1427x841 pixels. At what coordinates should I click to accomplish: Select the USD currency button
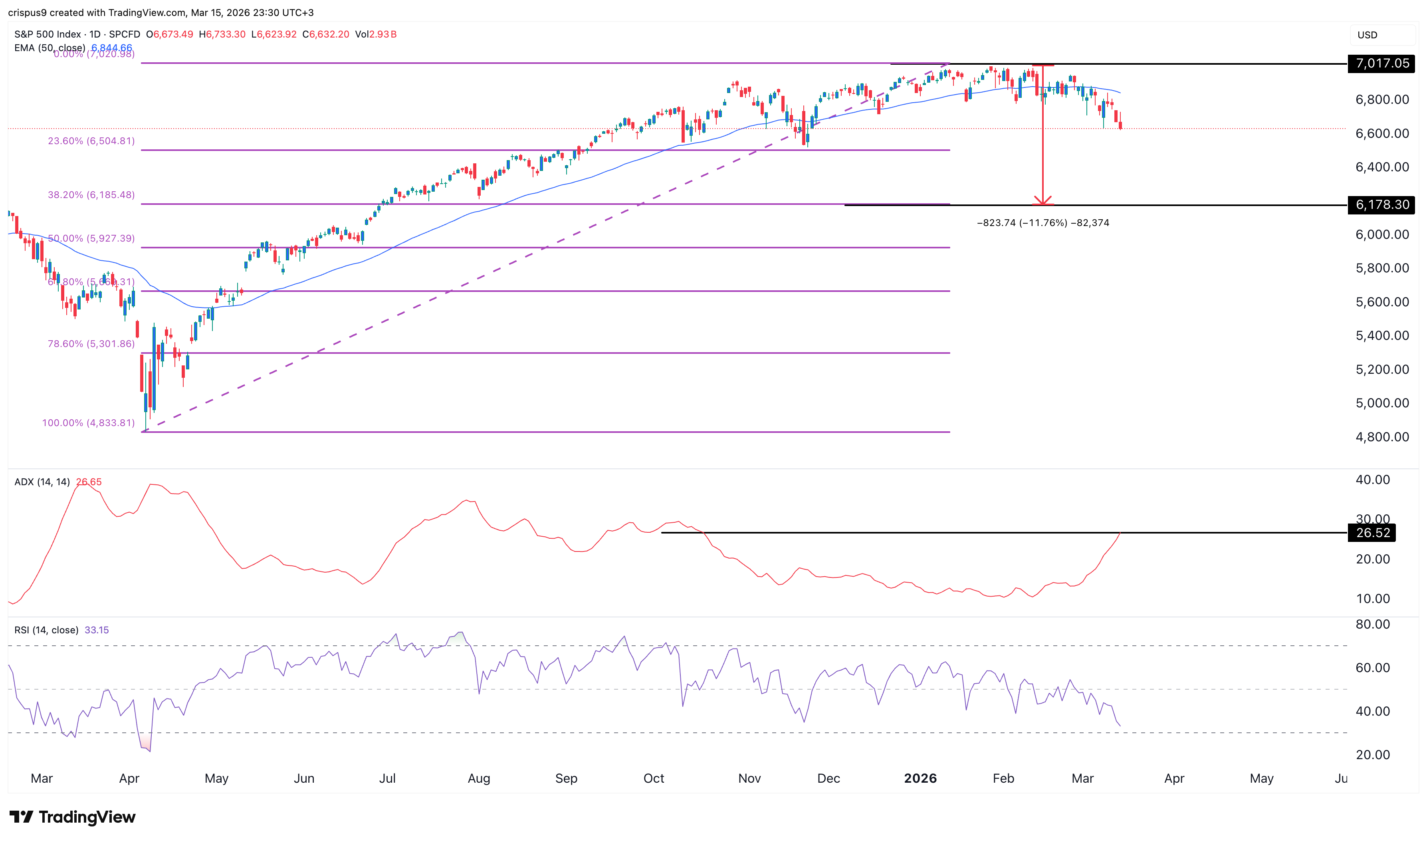tap(1367, 35)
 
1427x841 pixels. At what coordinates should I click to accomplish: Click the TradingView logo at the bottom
tap(73, 817)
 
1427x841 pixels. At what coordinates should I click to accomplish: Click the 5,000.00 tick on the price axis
tap(1381, 403)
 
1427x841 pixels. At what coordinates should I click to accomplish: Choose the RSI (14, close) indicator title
tap(46, 630)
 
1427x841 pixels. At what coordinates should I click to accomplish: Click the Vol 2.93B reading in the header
tap(376, 34)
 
